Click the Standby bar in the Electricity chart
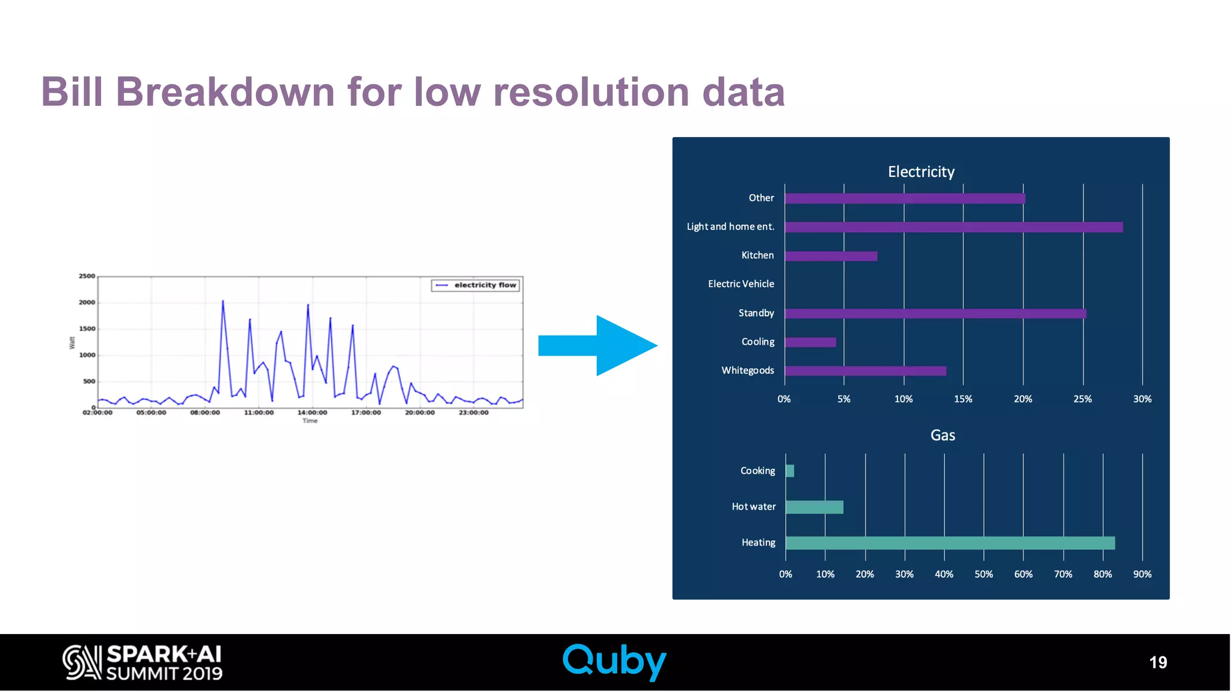935,313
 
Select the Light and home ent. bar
953,227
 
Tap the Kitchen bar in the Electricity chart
831,256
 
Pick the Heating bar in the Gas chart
950,543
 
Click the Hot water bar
814,507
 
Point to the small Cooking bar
790,471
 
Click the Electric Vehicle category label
741,284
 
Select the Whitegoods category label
747,371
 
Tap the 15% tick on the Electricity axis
962,399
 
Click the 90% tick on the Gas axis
1142,574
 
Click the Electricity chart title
921,172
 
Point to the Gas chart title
942,436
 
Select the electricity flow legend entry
475,285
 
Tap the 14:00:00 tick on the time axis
312,413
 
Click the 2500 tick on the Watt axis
87,276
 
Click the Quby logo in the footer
614,662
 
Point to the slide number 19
1157,662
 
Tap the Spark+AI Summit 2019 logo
143,662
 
